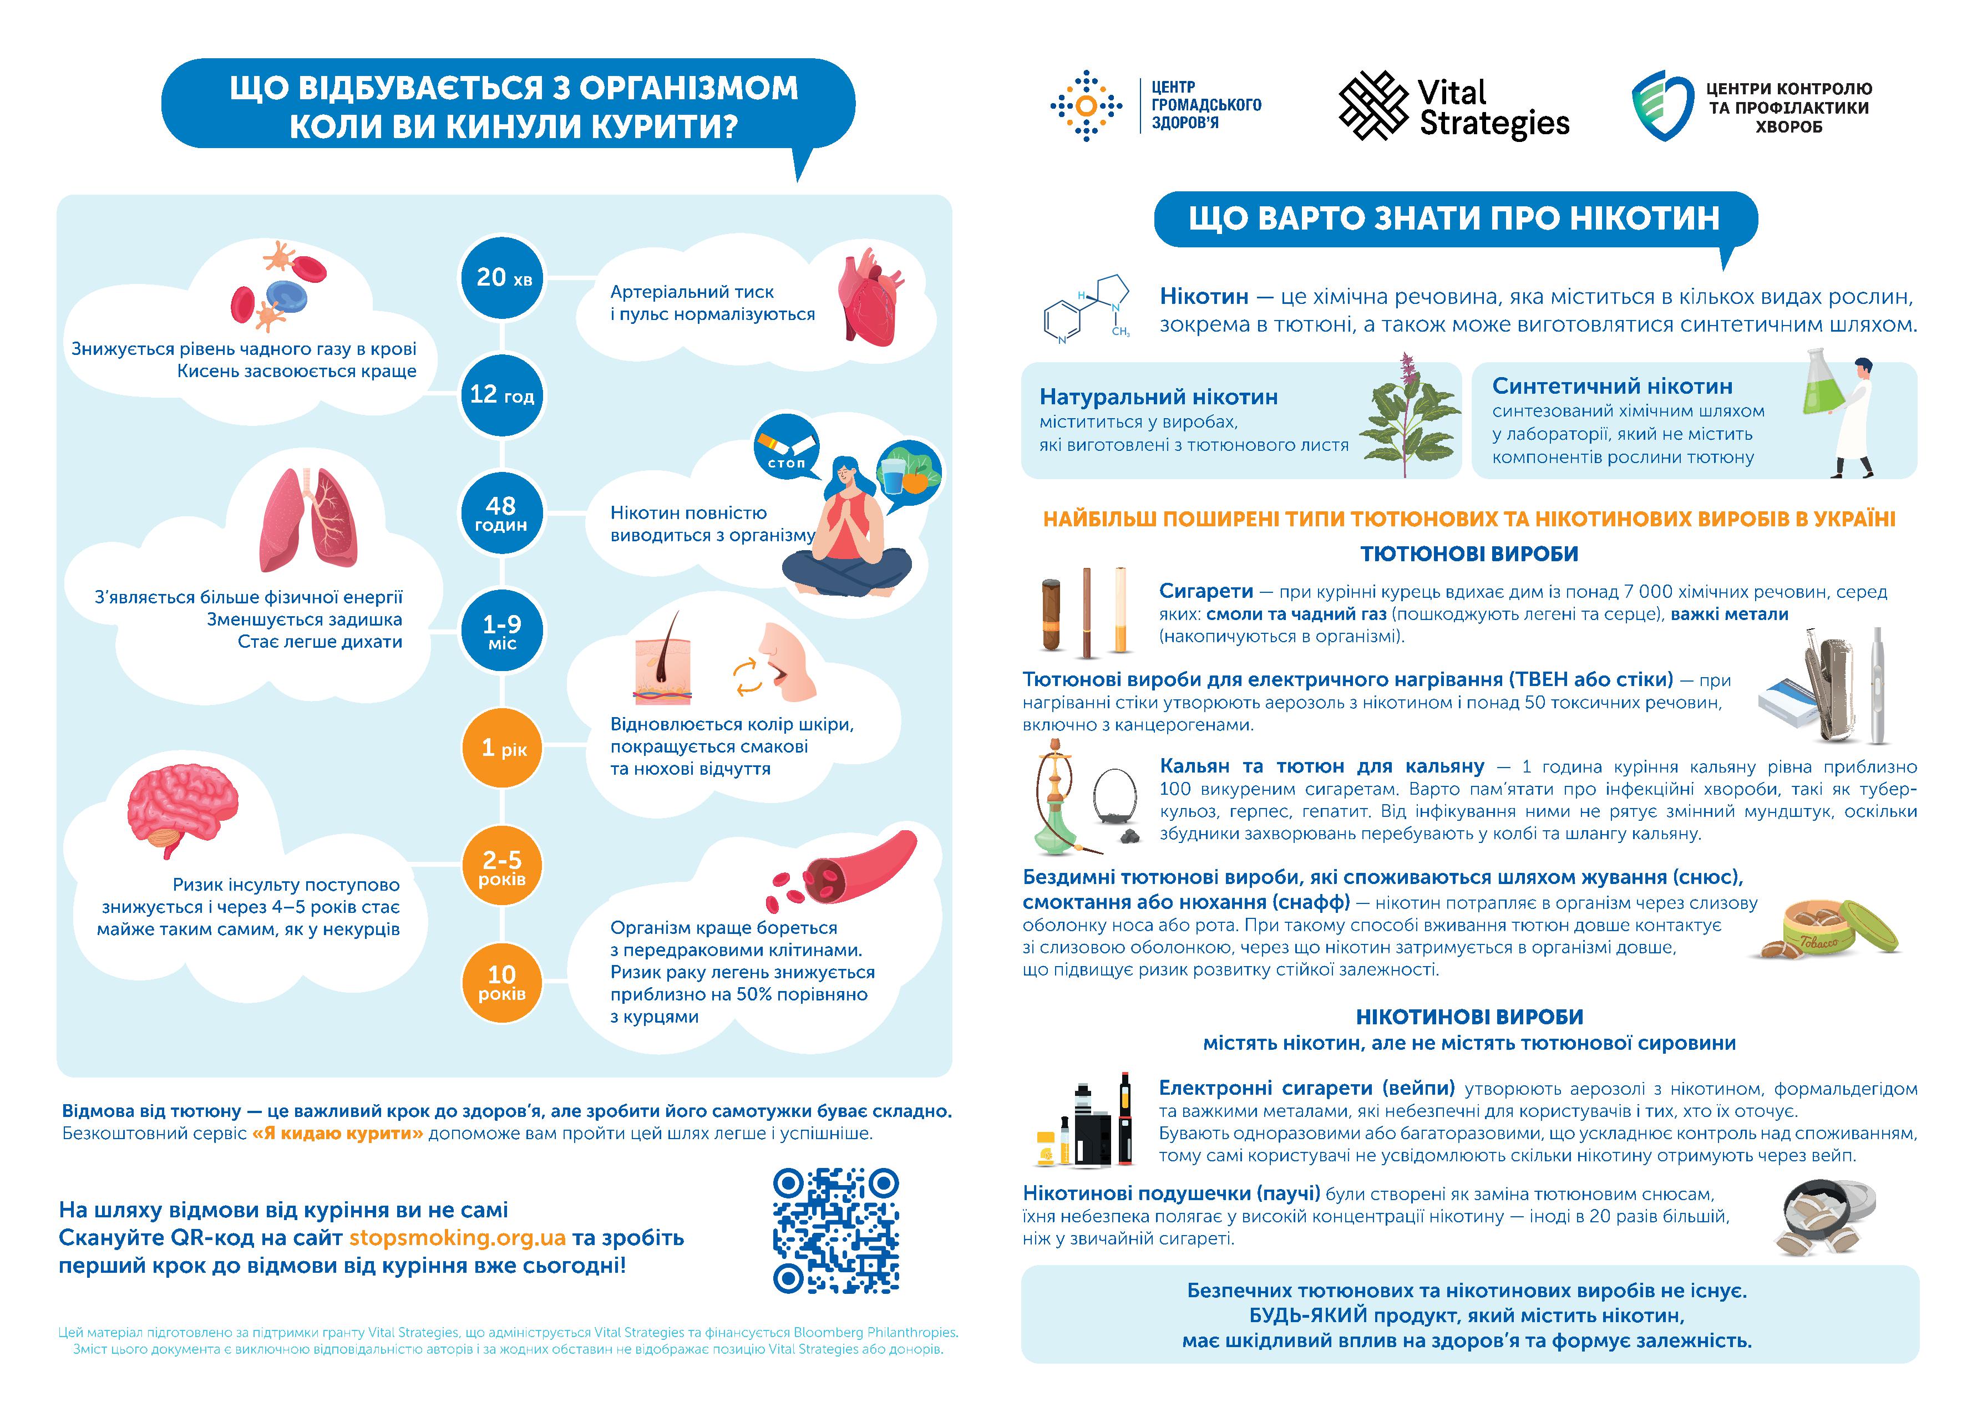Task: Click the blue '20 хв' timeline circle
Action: (501, 278)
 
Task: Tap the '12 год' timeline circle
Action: (501, 395)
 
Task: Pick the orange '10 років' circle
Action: (501, 982)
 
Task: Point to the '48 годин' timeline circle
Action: (501, 513)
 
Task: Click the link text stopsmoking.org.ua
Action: (457, 1237)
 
